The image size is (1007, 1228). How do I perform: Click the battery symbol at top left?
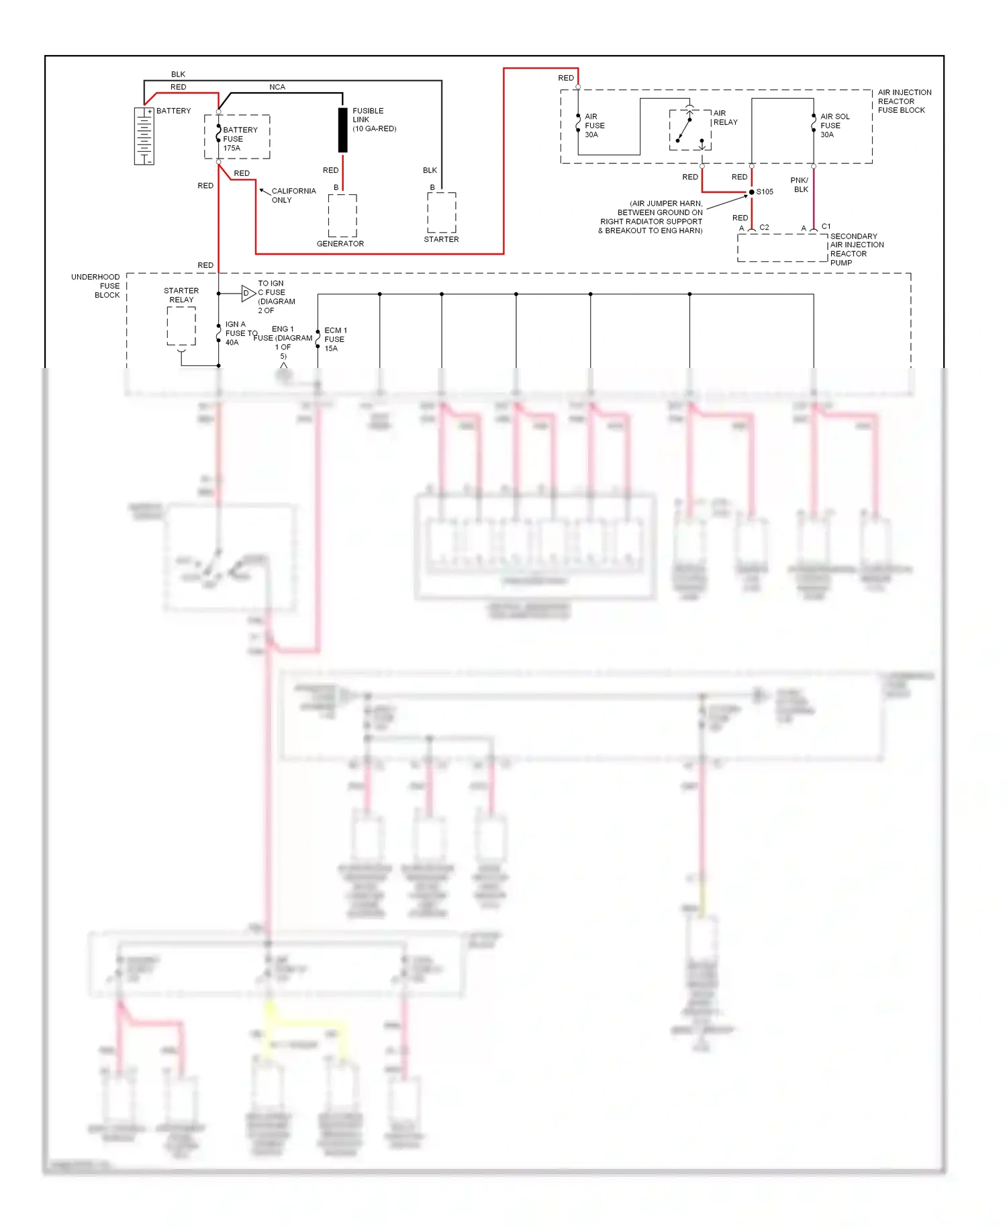[144, 136]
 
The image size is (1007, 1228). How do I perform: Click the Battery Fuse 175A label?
[240, 139]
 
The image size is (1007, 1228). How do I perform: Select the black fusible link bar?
[342, 130]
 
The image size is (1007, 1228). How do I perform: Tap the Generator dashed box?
[342, 215]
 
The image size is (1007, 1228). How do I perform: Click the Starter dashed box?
[442, 212]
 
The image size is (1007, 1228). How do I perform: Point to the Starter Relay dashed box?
[181, 326]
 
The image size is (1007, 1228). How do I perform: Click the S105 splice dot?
[752, 192]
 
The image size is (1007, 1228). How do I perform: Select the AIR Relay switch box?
[690, 130]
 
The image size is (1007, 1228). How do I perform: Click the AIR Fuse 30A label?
[594, 126]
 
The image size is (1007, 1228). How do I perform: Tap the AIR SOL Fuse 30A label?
[834, 126]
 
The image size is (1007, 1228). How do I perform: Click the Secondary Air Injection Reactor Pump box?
[783, 248]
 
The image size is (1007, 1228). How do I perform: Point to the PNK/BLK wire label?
[800, 185]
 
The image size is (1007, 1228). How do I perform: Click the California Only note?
[293, 195]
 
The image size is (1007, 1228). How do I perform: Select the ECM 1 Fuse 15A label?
[335, 339]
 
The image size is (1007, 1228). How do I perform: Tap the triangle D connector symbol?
[248, 293]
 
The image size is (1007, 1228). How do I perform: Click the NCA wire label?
[277, 87]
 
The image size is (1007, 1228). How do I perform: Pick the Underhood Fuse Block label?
[97, 286]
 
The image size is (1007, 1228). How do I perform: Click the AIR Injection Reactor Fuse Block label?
[904, 101]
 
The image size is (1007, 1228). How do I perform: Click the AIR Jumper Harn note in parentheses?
[651, 217]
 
